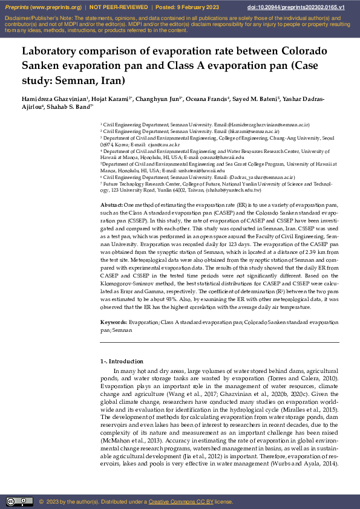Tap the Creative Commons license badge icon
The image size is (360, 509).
19,502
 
